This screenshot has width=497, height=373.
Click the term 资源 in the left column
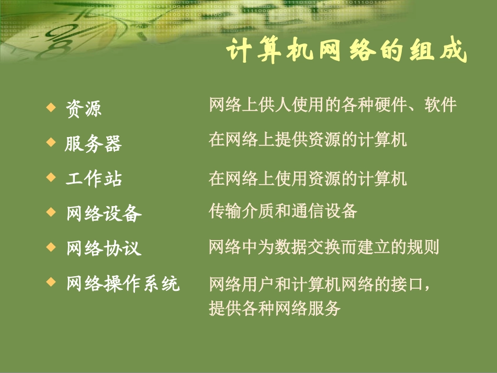[84, 108]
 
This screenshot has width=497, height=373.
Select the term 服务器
[93, 143]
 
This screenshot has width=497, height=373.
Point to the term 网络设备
[104, 213]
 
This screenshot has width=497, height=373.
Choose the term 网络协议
[104, 248]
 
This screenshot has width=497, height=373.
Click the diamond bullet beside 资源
[51, 107]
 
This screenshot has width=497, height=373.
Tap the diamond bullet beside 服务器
[51, 142]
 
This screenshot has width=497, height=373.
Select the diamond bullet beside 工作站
[51, 177]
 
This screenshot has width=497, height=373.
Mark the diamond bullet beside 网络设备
[51, 212]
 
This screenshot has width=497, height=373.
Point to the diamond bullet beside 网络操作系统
[51, 281]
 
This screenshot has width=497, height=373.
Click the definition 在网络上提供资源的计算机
[308, 140]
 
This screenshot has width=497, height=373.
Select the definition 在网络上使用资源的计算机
[308, 179]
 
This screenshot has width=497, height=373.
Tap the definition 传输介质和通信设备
[283, 211]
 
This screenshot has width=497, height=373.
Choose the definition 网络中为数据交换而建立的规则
[323, 247]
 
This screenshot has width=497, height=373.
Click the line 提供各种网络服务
[274, 308]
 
